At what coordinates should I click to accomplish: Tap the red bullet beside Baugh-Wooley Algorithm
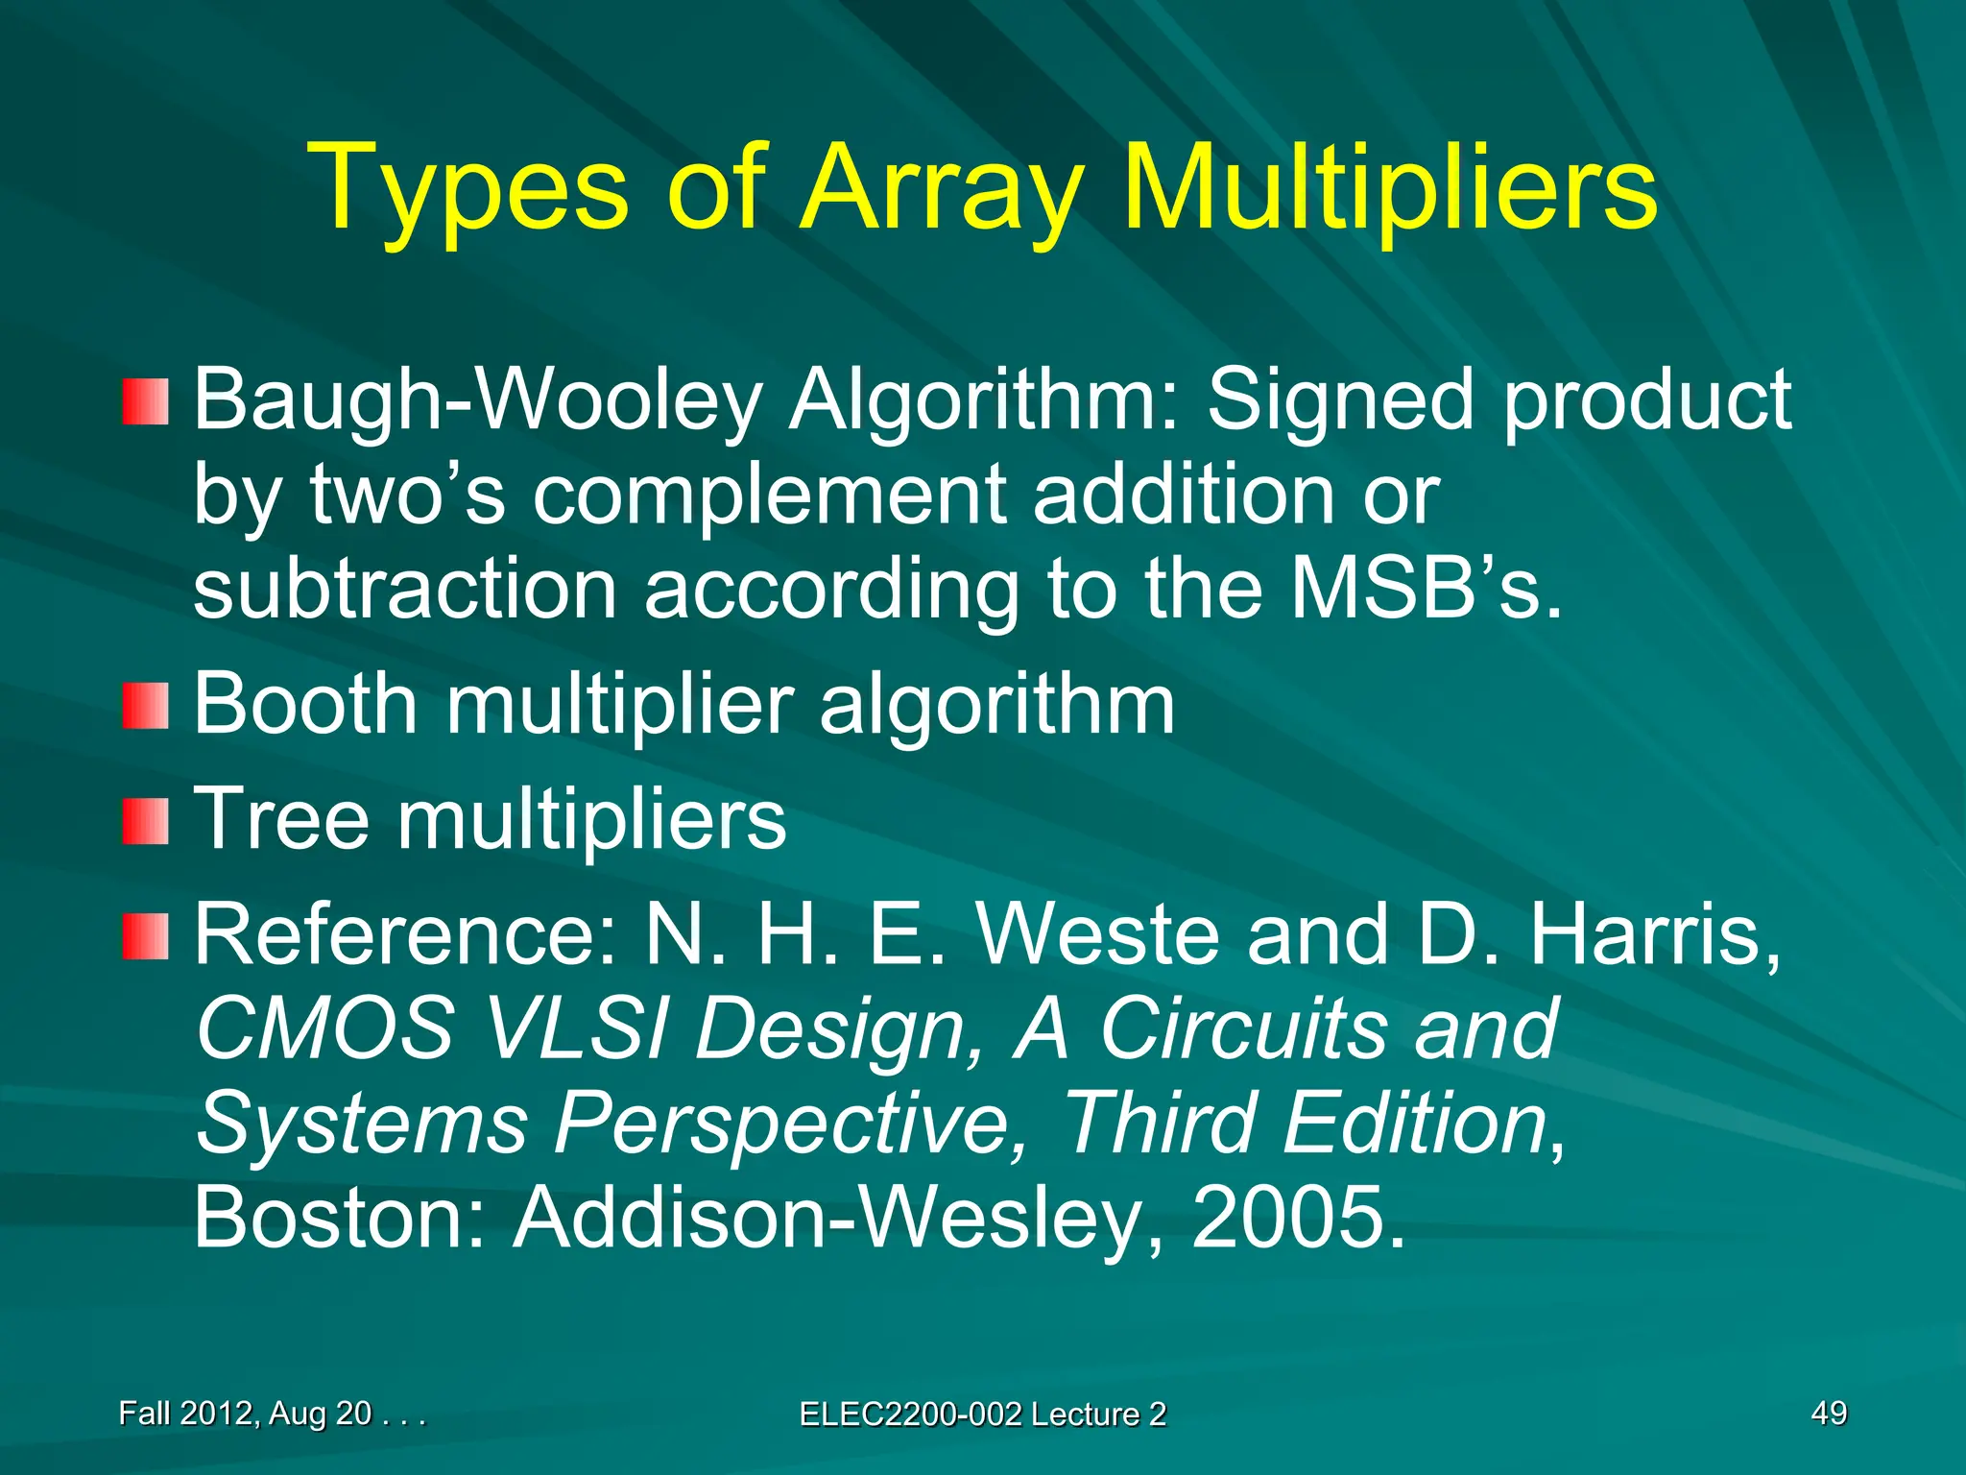[x=145, y=402]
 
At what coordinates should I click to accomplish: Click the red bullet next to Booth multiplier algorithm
[x=145, y=706]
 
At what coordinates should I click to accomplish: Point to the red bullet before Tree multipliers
[x=145, y=821]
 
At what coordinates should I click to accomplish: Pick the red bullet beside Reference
[x=145, y=936]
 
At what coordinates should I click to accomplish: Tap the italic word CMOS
[x=325, y=1028]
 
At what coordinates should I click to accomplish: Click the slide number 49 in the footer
[x=1829, y=1413]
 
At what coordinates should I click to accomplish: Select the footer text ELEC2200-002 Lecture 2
[x=982, y=1414]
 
